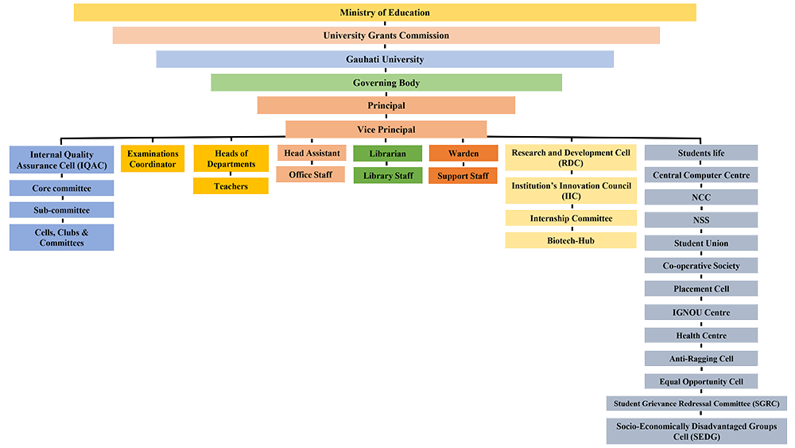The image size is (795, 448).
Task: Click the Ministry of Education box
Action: (385, 13)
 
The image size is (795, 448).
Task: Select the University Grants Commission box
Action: (386, 36)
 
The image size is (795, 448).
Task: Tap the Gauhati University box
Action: (385, 60)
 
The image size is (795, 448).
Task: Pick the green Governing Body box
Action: (386, 83)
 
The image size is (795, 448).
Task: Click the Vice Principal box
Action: (386, 130)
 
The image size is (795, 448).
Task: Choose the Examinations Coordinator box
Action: (153, 158)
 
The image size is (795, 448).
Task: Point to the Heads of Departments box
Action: (231, 158)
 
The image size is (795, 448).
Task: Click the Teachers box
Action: (231, 186)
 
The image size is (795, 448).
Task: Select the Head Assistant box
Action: (311, 153)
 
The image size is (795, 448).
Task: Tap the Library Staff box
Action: (388, 175)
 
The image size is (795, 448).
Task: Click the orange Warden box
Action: (463, 153)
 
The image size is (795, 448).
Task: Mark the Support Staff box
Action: (463, 175)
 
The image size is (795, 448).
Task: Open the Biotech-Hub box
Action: (571, 240)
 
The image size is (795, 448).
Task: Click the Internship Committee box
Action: (571, 218)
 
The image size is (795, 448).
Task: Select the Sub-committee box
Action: (61, 210)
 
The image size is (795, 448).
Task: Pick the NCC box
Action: (700, 197)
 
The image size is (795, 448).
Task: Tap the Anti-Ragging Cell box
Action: (700, 359)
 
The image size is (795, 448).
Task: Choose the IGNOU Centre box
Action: (700, 313)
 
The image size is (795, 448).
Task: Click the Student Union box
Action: (700, 243)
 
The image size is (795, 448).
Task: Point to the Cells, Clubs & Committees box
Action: (61, 237)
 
